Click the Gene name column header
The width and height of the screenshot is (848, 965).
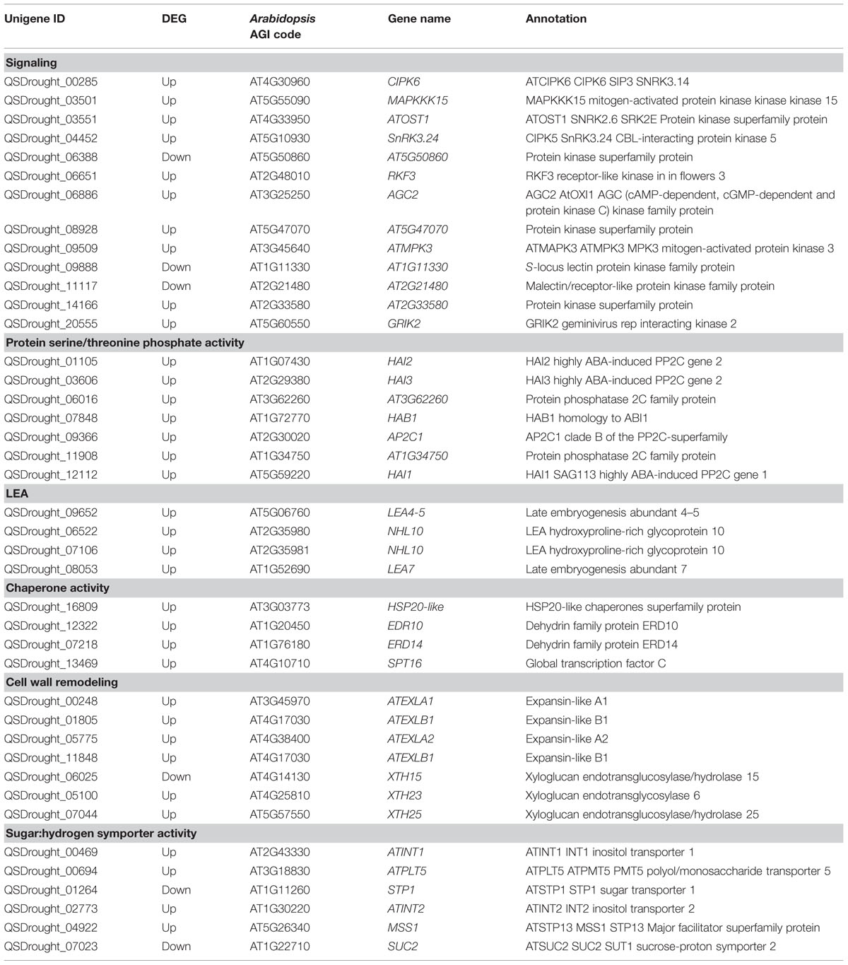point(418,19)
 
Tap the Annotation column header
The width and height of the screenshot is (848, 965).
point(555,19)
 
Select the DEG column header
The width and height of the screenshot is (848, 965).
point(174,19)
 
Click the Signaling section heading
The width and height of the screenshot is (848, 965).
point(31,63)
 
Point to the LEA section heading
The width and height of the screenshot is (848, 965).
point(17,493)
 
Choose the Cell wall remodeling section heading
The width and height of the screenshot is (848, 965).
point(61,682)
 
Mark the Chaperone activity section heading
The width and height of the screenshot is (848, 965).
point(57,587)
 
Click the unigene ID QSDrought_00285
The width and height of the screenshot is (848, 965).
point(51,82)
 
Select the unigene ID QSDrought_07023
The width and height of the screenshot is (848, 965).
point(51,946)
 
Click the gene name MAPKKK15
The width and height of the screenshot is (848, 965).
point(418,100)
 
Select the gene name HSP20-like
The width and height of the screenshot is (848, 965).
point(416,607)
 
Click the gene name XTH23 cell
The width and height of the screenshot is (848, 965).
point(404,795)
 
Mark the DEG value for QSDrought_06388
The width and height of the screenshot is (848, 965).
point(176,157)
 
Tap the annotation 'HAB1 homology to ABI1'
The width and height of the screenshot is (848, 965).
point(587,418)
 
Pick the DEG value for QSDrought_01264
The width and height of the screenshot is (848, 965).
point(176,889)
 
